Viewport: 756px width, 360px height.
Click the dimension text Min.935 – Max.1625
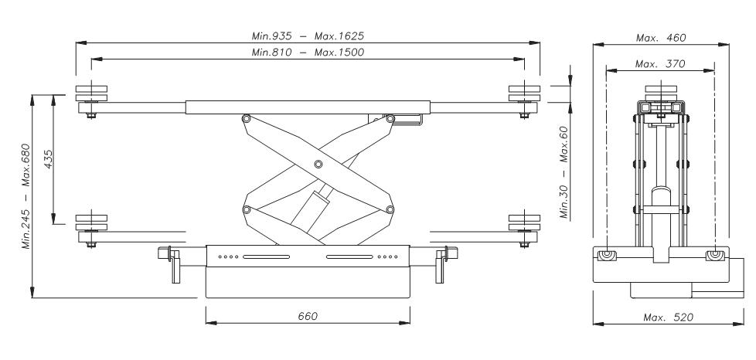coord(308,36)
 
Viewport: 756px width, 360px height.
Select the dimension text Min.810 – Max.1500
coord(308,52)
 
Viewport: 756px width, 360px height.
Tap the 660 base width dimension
coord(308,316)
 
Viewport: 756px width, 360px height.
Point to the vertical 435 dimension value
coord(48,159)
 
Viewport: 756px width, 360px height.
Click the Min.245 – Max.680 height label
coord(26,196)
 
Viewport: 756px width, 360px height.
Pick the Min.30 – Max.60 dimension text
coord(564,172)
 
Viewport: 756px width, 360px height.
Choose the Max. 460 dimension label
coord(661,38)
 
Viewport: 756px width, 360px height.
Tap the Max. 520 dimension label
coord(668,317)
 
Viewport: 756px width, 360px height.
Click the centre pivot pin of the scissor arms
coord(318,165)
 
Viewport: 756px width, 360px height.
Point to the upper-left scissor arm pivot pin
coord(247,118)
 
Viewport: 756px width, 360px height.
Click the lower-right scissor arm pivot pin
coord(390,209)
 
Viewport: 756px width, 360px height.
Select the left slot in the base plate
coord(266,257)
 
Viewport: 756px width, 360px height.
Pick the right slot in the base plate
coord(349,257)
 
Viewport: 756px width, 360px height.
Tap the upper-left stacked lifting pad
coord(91,93)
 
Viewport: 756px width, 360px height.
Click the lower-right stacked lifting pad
coord(525,222)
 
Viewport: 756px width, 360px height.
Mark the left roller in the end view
coord(607,255)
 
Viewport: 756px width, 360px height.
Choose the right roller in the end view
coord(714,255)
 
